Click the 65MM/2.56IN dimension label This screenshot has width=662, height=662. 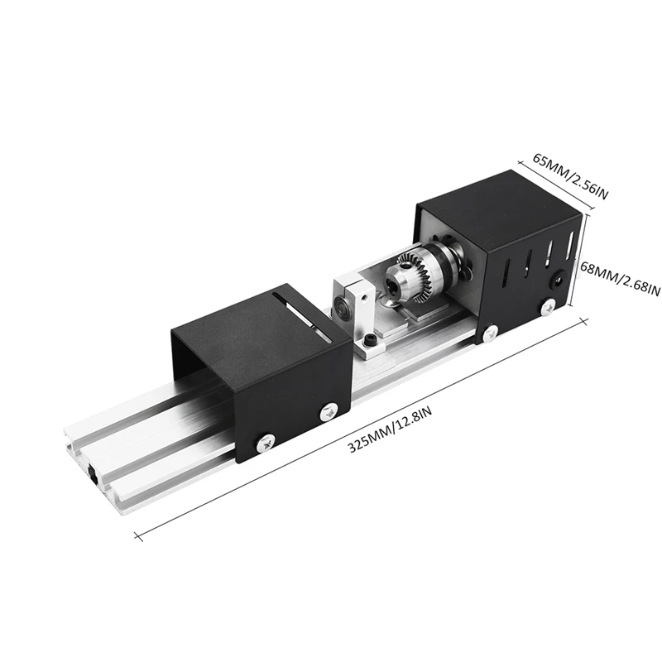[x=571, y=176]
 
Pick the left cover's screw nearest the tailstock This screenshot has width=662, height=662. [x=329, y=410]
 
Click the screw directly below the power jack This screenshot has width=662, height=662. [x=547, y=306]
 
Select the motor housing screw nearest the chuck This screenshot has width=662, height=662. [x=491, y=332]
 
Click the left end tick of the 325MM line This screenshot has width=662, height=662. [x=134, y=533]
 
